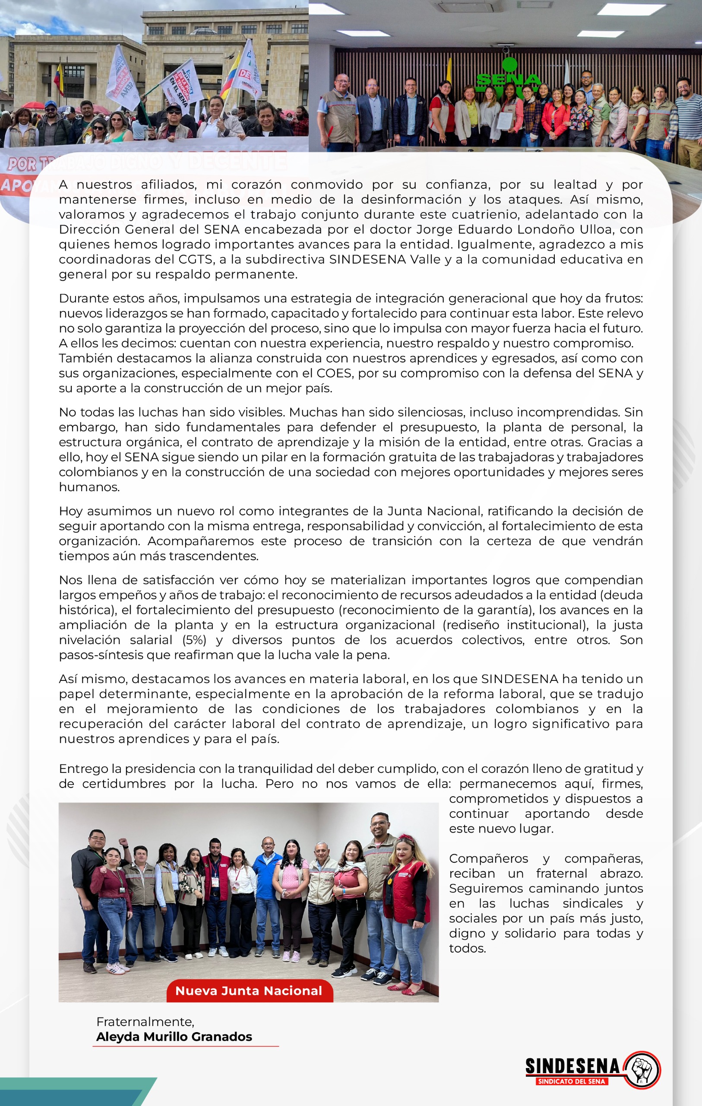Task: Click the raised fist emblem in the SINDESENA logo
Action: (x=642, y=1070)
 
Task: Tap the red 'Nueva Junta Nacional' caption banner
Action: (x=249, y=991)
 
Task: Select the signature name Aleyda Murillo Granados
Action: (x=174, y=1036)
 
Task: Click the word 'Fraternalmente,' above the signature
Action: (x=145, y=1021)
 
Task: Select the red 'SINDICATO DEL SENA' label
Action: (x=572, y=1081)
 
